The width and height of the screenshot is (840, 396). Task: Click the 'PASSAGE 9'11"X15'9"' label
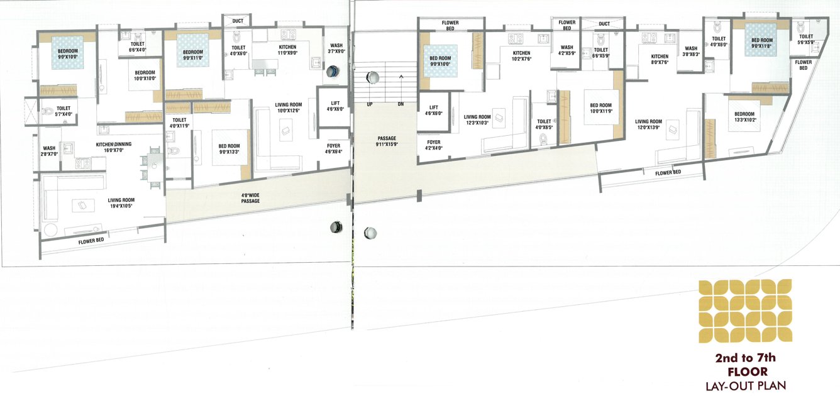coord(387,141)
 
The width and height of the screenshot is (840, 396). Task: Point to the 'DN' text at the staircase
coord(400,104)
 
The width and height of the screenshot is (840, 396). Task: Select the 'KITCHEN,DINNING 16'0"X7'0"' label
coord(114,147)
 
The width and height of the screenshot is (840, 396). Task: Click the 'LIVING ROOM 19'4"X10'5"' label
coord(121,203)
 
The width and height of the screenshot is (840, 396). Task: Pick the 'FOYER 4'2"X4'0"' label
coord(433,145)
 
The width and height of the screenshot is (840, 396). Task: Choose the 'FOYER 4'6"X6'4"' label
coord(333,148)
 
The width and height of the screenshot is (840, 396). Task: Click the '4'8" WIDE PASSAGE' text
coord(250,198)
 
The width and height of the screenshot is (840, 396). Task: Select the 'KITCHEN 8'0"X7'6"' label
coord(660,59)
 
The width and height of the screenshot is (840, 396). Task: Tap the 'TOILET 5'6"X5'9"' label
coord(806,40)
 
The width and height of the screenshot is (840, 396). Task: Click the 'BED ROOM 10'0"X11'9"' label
coord(600,108)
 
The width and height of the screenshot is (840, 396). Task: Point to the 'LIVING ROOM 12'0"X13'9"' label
coord(648,124)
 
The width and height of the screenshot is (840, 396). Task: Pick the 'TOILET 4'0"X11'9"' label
coord(179,123)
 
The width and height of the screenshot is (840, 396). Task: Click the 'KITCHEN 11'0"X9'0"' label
coord(287,50)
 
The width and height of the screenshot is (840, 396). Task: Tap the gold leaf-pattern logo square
coord(745,311)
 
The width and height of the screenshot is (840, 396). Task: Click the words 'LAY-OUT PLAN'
coord(745,385)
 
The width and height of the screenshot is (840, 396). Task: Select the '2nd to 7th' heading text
coord(745,358)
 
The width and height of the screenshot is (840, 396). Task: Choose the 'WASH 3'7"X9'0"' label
coord(336,48)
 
